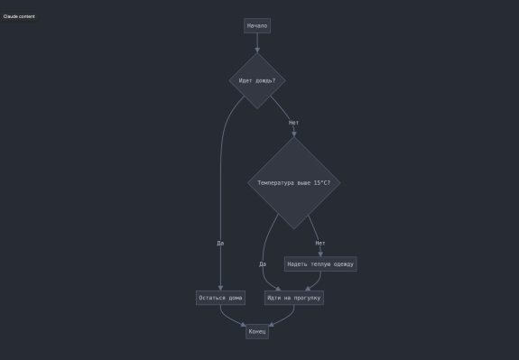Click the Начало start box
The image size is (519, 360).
pyautogui.click(x=257, y=26)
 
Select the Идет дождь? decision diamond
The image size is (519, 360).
pyautogui.click(x=257, y=80)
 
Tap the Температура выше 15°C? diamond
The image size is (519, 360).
pyautogui.click(x=294, y=183)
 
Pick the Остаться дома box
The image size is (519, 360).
pyautogui.click(x=220, y=298)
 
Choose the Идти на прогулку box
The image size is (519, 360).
pyautogui.click(x=294, y=298)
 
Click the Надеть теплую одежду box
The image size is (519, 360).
pyautogui.click(x=320, y=264)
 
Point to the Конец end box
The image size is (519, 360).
pyautogui.click(x=257, y=331)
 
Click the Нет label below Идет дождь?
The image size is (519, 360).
pyautogui.click(x=293, y=123)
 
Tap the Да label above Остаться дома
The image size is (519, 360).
pyautogui.click(x=220, y=244)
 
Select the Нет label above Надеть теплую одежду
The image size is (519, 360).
pyautogui.click(x=320, y=244)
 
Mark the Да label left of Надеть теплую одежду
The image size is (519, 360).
pyautogui.click(x=263, y=264)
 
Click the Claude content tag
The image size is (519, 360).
pyautogui.click(x=19, y=16)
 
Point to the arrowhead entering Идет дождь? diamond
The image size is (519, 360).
pyautogui.click(x=257, y=51)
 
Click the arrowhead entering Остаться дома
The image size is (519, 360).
pyautogui.click(x=220, y=288)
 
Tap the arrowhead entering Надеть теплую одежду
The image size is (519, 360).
pyautogui.click(x=320, y=254)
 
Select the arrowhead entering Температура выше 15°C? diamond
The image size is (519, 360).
pyautogui.click(x=294, y=134)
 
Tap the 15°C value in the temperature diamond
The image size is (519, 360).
pyautogui.click(x=320, y=183)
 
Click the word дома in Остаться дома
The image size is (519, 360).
pyautogui.click(x=236, y=298)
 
